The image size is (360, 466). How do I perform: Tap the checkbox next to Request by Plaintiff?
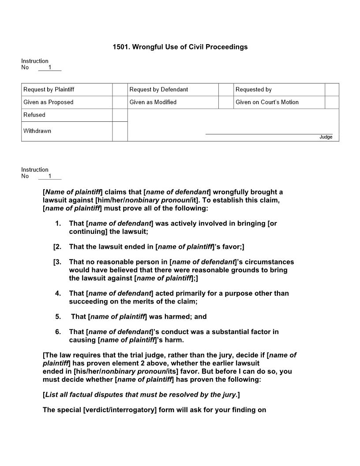(x=120, y=90)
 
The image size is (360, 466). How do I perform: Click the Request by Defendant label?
(x=158, y=90)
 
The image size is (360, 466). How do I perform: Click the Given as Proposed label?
(x=49, y=102)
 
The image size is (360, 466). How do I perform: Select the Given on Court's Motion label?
(x=267, y=102)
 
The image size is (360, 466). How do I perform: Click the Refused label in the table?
(x=34, y=115)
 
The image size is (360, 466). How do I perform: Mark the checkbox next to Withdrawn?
(x=120, y=131)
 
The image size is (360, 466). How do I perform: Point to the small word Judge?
(x=326, y=137)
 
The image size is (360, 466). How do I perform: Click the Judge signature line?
(x=269, y=133)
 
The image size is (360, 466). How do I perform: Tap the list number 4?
(x=58, y=293)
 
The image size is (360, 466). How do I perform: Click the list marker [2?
(x=57, y=247)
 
